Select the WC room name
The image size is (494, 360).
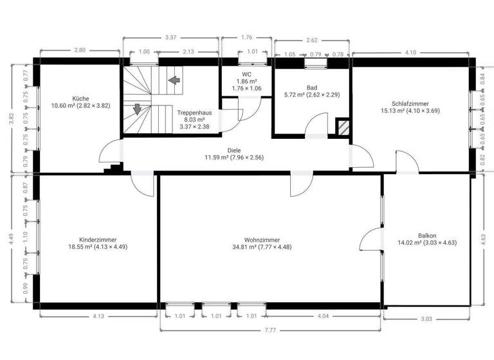coord(246,75)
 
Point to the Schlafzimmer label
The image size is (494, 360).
coord(410,104)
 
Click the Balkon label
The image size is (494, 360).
coord(427,235)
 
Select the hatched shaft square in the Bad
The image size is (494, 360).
coord(343,127)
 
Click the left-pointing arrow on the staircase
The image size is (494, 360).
coord(174,80)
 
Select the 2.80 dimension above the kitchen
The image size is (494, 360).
coord(80,50)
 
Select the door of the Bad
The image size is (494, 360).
coord(316,126)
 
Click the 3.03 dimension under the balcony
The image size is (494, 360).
coord(426,318)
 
